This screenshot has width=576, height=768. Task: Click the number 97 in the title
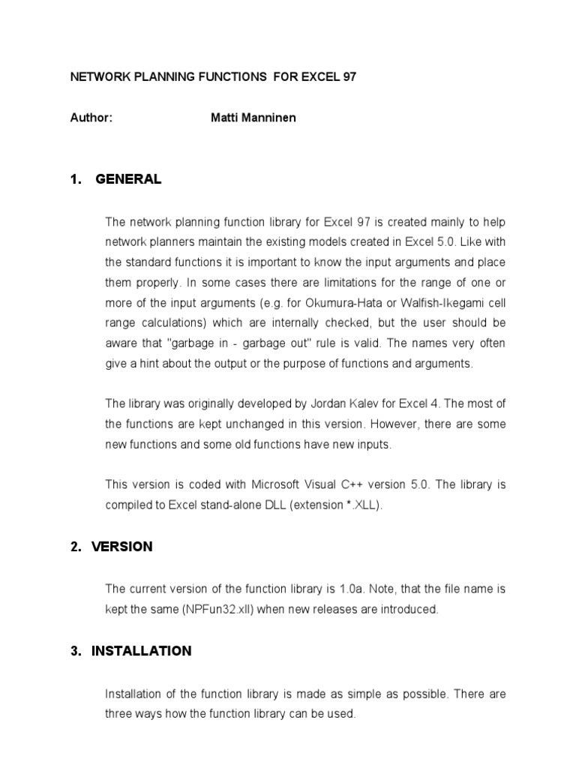tap(349, 77)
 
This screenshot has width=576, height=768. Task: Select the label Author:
tap(91, 118)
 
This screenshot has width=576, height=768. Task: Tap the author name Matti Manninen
tap(253, 118)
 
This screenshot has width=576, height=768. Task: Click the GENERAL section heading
tap(128, 179)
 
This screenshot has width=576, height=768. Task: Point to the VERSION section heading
tap(121, 547)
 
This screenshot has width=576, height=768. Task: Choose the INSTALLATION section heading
tap(141, 651)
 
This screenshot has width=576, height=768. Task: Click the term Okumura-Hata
tap(364, 302)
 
